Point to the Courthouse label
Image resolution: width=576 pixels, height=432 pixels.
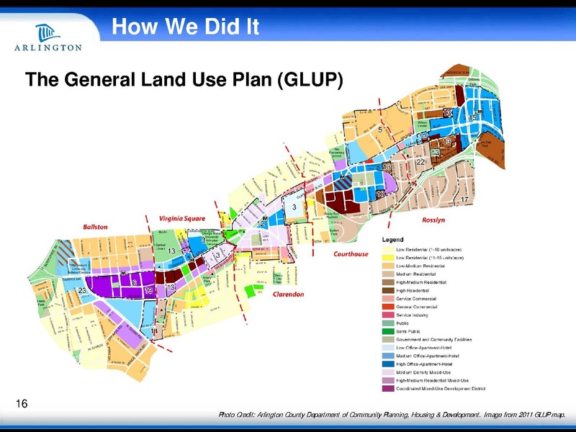[351, 254]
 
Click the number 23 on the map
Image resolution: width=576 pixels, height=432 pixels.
[82, 289]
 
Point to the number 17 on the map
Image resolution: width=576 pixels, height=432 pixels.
[466, 199]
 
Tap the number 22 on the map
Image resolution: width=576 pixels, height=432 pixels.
[421, 163]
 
